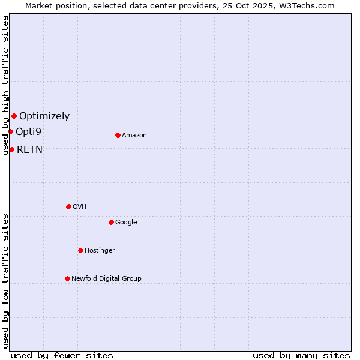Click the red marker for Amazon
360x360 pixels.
tap(118, 135)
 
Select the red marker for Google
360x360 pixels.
tap(111, 222)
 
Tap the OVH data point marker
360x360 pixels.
tap(68, 206)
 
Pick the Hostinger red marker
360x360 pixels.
tap(80, 250)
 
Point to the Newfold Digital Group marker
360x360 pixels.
tap(67, 278)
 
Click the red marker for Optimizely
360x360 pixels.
tap(14, 116)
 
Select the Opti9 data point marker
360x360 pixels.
tap(10, 131)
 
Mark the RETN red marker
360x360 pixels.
tap(11, 149)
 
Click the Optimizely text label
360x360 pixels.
tap(44, 116)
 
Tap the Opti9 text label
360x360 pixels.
tap(28, 132)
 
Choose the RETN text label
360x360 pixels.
tap(29, 150)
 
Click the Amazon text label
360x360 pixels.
tap(134, 136)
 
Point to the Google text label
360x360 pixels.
tap(126, 223)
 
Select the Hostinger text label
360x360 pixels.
tap(100, 251)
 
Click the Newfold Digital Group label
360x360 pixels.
tap(106, 279)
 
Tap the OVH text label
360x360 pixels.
tap(80, 207)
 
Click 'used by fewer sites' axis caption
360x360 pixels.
tap(62, 355)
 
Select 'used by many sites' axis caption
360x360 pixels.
tap(301, 355)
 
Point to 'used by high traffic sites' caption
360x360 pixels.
tap(5, 85)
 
